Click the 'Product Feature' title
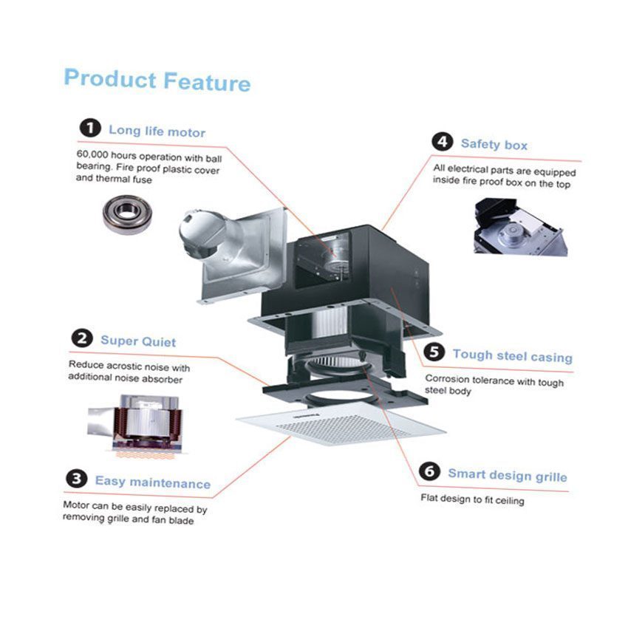pos(157,79)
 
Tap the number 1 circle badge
pos(90,129)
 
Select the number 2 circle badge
pos(81,340)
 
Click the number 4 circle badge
pos(443,142)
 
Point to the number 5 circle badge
pos(434,353)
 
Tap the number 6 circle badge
pos(430,472)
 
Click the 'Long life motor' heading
pos(157,132)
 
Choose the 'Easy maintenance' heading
pos(152,482)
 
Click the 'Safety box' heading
pos(494,144)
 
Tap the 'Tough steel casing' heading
pos(512,356)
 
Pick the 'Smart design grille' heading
pos(507,475)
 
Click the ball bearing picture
pos(126,214)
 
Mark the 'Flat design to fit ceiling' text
pos(472,499)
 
